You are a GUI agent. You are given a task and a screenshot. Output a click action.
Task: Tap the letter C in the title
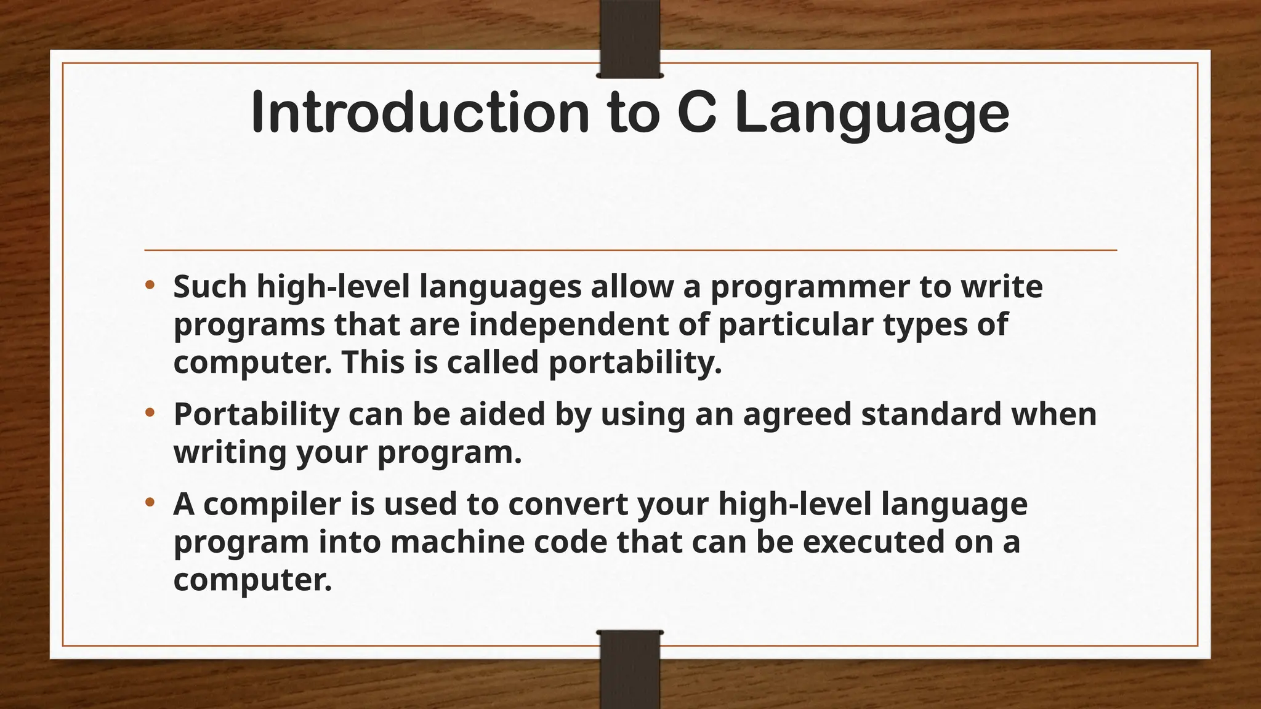click(x=696, y=113)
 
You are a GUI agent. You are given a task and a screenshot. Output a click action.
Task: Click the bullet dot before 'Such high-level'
click(x=150, y=286)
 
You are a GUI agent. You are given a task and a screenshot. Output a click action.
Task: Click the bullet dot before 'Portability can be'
click(x=150, y=413)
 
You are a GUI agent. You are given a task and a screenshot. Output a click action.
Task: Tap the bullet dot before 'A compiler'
click(x=150, y=503)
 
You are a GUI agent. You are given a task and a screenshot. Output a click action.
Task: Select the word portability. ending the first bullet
click(x=635, y=363)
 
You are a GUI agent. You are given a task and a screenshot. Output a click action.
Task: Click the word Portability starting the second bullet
click(x=256, y=415)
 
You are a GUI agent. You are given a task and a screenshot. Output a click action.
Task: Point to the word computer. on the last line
click(x=252, y=580)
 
